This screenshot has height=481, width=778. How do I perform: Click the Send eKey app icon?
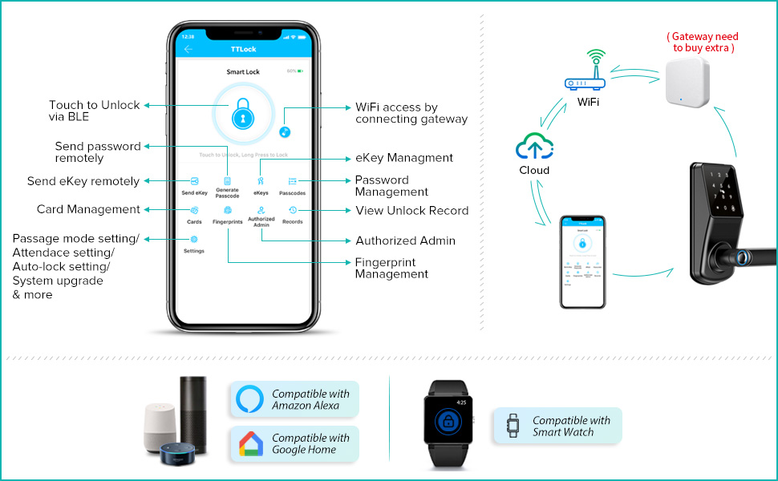(194, 181)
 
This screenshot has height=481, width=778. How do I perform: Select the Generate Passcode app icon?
(227, 181)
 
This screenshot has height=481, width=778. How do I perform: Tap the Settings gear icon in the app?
(194, 239)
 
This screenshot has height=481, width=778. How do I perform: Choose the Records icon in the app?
(293, 210)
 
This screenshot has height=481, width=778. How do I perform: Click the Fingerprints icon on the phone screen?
(228, 210)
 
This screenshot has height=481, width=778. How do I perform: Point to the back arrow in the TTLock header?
(188, 49)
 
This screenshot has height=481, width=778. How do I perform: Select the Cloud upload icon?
(534, 148)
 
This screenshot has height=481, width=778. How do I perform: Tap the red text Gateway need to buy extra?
(703, 42)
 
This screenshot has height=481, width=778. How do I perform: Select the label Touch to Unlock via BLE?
(94, 111)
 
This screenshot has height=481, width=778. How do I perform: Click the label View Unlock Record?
(411, 210)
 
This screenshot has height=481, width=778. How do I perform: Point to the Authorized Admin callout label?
(405, 240)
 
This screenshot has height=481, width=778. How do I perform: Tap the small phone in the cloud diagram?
(582, 261)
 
